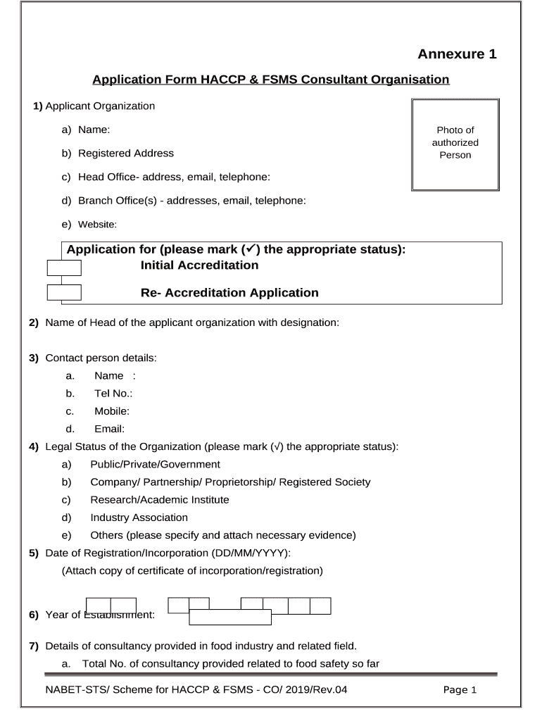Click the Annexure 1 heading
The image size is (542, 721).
pos(457,54)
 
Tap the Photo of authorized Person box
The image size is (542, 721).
pos(455,144)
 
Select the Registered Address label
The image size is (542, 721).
pos(125,153)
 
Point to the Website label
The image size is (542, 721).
pos(96,225)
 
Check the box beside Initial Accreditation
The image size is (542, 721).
pos(64,268)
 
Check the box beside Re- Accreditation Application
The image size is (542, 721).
pos(64,293)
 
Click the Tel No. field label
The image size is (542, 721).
pos(113,394)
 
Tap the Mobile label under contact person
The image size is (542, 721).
pos(111,411)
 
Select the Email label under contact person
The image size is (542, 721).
pos(109,429)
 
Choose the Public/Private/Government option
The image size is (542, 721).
pos(155,465)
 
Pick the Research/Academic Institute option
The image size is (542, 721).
pos(159,500)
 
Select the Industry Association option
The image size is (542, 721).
pos(139,518)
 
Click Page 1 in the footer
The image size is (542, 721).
pos(460,690)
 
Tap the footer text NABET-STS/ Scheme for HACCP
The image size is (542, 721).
pos(191,690)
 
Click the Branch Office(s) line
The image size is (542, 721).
pos(191,201)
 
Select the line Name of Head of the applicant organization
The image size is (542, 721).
pos(191,322)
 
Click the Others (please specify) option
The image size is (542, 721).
pos(222,535)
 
